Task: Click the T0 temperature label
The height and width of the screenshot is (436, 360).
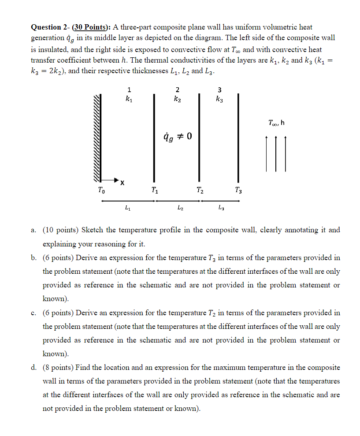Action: (x=101, y=191)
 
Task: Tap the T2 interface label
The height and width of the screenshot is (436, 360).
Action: (x=200, y=191)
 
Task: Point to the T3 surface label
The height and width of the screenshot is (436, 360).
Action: (x=238, y=191)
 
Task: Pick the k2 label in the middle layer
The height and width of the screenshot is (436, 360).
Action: (x=177, y=100)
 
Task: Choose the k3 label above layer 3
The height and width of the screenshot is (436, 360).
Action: (x=220, y=100)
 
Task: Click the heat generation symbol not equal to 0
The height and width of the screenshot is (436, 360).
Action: (x=178, y=136)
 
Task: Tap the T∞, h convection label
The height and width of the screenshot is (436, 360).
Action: (x=276, y=122)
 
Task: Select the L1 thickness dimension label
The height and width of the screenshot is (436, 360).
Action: (x=127, y=207)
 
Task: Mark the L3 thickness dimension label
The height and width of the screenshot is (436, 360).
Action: (x=221, y=207)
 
